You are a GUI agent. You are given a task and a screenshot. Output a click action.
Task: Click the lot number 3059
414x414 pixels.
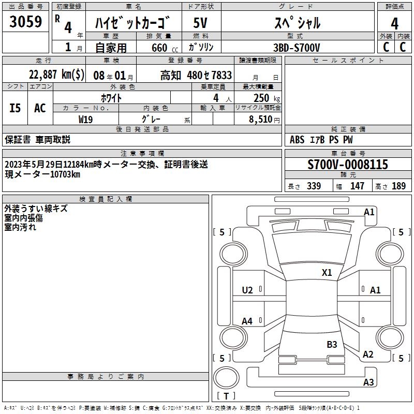[x=26, y=22]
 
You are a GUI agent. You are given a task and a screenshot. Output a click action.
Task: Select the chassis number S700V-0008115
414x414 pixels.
[x=347, y=165]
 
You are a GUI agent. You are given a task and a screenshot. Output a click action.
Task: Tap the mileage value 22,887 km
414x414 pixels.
[x=57, y=75]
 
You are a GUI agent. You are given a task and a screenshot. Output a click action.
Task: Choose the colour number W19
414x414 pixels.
[x=86, y=119]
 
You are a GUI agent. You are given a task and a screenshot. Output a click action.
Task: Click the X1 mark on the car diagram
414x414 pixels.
[x=327, y=272]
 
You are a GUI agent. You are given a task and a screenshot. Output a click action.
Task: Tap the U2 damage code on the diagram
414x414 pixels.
[x=247, y=290]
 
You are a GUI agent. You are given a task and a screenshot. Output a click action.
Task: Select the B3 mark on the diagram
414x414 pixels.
[x=332, y=344]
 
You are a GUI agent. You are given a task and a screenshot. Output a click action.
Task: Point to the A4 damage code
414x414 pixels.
[x=247, y=321]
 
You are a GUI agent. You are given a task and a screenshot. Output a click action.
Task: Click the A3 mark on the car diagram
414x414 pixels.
[x=368, y=382]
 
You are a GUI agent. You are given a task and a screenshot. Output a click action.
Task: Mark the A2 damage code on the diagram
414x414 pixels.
[x=368, y=354]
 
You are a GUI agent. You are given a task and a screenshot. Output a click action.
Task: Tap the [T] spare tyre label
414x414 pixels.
[x=226, y=396]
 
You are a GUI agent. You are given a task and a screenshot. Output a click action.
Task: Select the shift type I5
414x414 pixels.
[x=16, y=108]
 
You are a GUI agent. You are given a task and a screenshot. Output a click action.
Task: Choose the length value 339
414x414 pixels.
[x=314, y=186]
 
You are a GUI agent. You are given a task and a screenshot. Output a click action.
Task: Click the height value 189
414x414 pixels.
[x=398, y=186]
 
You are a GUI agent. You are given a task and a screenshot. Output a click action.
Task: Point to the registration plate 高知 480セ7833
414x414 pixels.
[x=196, y=75]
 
